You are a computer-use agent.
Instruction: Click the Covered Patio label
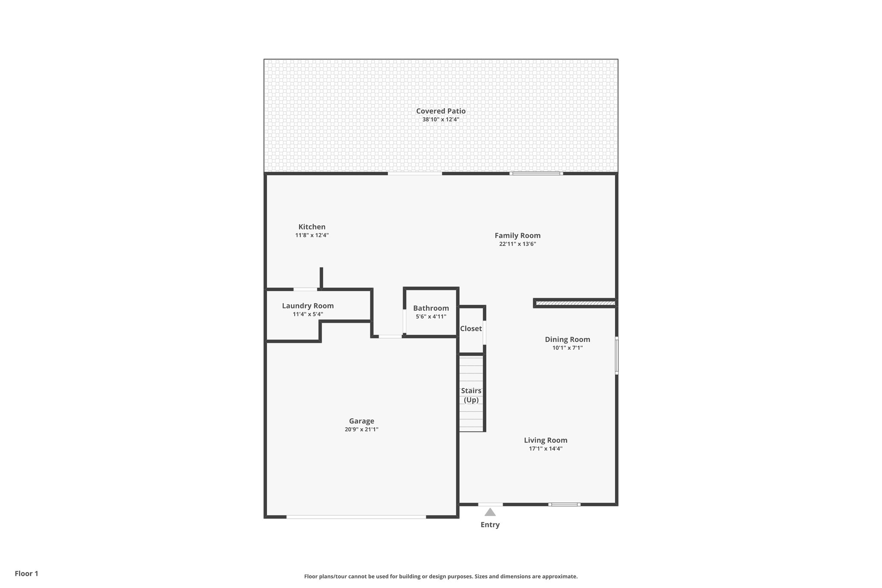point(441,111)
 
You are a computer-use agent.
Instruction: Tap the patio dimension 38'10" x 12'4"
point(441,120)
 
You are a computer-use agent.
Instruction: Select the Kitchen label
point(312,227)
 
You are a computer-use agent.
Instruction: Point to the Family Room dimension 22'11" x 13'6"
point(517,244)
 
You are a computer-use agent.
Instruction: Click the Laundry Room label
point(307,306)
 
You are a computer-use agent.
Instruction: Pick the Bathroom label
point(431,308)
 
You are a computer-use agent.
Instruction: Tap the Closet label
point(471,329)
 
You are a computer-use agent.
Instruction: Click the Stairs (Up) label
point(471,395)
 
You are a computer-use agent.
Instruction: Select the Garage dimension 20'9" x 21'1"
point(361,429)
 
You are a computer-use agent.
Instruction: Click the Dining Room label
point(567,339)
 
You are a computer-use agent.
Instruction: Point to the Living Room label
point(545,440)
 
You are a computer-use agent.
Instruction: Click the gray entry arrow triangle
point(490,513)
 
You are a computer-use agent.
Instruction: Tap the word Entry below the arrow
point(490,525)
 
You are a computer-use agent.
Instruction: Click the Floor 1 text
point(26,573)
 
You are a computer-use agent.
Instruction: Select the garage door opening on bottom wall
point(356,516)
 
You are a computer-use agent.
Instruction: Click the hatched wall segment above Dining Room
point(575,303)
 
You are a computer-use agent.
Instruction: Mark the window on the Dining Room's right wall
point(616,355)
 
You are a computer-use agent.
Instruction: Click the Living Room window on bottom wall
point(564,504)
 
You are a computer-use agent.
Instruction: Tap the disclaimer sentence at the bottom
point(441,576)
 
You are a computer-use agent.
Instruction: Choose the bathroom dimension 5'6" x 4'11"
point(431,317)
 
